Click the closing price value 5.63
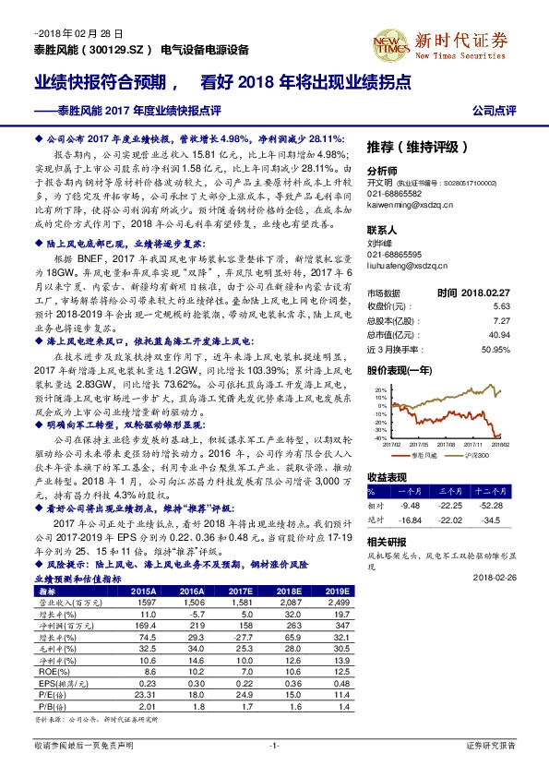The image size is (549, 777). tap(502, 305)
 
